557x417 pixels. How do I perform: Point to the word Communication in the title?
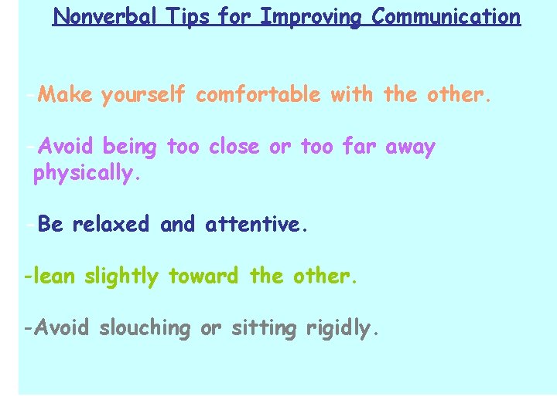[x=446, y=16]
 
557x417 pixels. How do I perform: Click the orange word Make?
[x=65, y=95]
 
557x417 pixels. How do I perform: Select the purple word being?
[x=129, y=147]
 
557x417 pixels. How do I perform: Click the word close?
[x=235, y=146]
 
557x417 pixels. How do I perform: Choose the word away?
[x=410, y=147]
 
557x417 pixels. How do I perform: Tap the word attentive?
[x=256, y=225]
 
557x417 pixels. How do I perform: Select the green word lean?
[x=52, y=276]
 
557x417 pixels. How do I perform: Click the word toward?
[x=205, y=276]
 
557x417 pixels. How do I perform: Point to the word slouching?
[x=144, y=328]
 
